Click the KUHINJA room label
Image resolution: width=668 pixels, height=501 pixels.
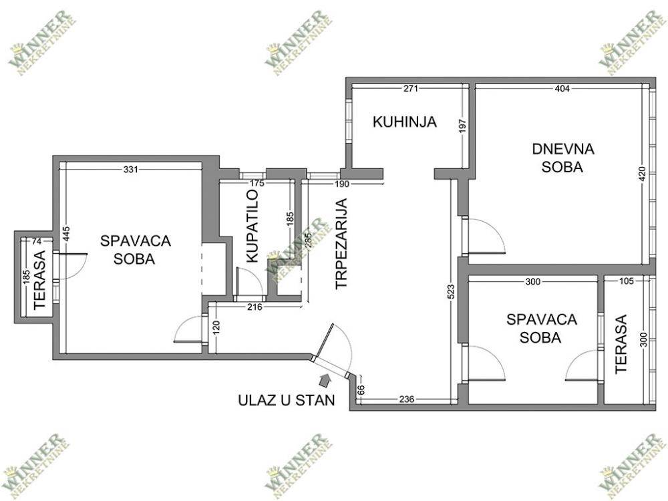click(x=405, y=122)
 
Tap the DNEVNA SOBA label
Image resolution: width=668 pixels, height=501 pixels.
click(x=562, y=158)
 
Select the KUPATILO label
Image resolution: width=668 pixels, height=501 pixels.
click(x=253, y=226)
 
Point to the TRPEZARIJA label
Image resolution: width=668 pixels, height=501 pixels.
click(x=341, y=244)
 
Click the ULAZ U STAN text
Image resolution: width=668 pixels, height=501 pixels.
click(x=287, y=400)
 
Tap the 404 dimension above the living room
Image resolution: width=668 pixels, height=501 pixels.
click(x=562, y=89)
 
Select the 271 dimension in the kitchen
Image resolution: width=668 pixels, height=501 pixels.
click(x=411, y=89)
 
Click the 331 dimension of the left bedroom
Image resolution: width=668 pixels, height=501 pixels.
click(x=131, y=170)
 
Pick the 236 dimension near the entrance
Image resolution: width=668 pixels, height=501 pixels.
click(x=406, y=399)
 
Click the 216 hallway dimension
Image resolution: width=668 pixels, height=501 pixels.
click(x=254, y=307)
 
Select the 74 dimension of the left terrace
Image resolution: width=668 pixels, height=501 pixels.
click(x=37, y=242)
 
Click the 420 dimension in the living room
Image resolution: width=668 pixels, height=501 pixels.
click(x=643, y=174)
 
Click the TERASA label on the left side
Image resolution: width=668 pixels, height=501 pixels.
click(x=39, y=280)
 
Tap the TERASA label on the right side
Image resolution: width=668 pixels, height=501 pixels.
click(x=621, y=344)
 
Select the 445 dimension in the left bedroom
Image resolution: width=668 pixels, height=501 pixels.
click(x=65, y=234)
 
